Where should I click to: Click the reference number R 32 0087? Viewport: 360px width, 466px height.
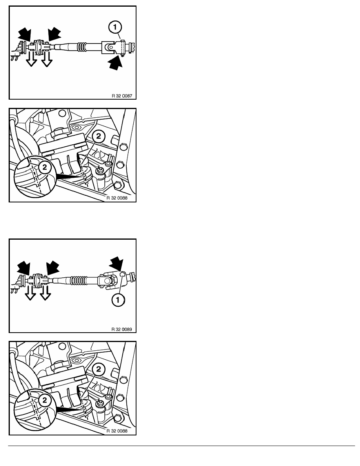pyautogui.click(x=122, y=96)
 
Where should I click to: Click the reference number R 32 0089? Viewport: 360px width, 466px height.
pyautogui.click(x=122, y=329)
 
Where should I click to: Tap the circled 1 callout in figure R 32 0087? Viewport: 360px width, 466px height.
pyautogui.click(x=115, y=27)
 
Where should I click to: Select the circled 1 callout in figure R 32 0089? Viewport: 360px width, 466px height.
pyautogui.click(x=118, y=300)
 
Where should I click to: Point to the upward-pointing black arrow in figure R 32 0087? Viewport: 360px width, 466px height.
pyautogui.click(x=115, y=63)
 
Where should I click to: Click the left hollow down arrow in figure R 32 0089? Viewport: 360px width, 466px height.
pyautogui.click(x=30, y=293)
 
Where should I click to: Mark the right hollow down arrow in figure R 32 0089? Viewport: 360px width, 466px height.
pyautogui.click(x=45, y=293)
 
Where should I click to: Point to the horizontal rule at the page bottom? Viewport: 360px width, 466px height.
pyautogui.click(x=182, y=446)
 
